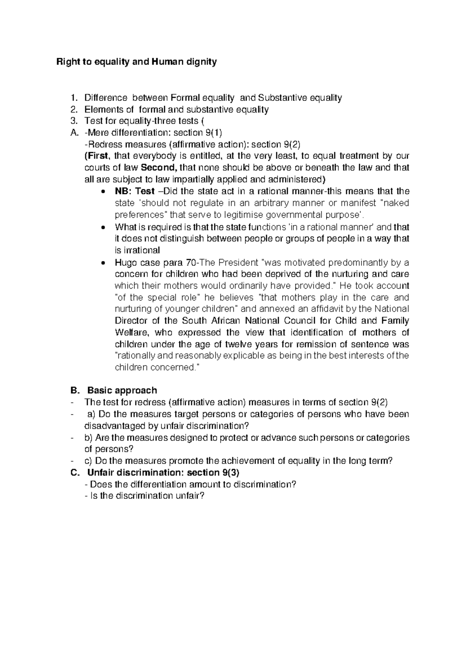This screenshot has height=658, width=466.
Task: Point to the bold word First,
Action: click(x=98, y=156)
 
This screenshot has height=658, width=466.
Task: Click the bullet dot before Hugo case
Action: click(x=103, y=263)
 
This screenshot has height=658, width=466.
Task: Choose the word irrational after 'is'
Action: click(x=141, y=250)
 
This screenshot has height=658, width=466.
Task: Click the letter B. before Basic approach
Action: click(x=74, y=390)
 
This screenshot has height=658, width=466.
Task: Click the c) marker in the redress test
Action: click(x=88, y=461)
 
